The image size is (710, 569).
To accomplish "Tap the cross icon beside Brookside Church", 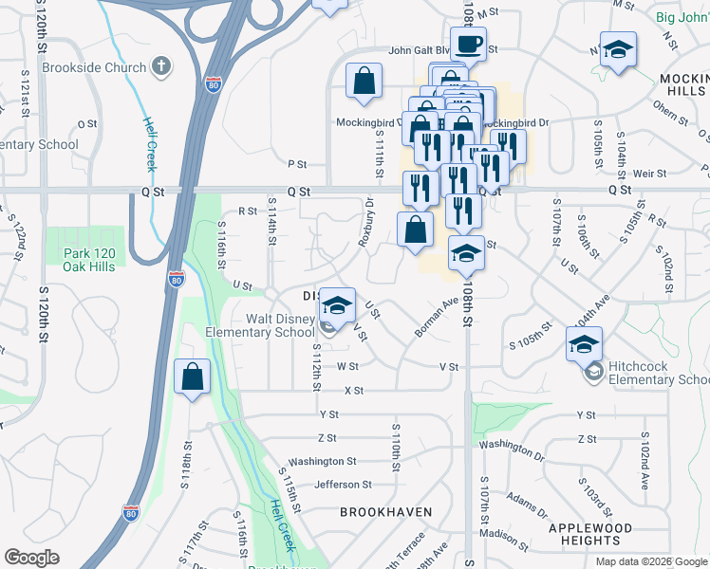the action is (161, 66).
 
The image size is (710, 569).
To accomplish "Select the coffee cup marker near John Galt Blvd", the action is (468, 44).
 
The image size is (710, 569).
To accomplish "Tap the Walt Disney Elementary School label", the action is (261, 325).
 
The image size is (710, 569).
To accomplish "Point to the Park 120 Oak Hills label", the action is (88, 260).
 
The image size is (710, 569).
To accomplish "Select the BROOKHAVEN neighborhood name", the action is (386, 512).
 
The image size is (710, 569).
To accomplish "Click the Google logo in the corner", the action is (31, 558).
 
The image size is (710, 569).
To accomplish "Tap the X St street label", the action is (354, 390).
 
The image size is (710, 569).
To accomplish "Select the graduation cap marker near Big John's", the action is (618, 49).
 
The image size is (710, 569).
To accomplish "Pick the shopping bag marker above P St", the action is (364, 82).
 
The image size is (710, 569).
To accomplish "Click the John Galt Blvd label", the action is (418, 51).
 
